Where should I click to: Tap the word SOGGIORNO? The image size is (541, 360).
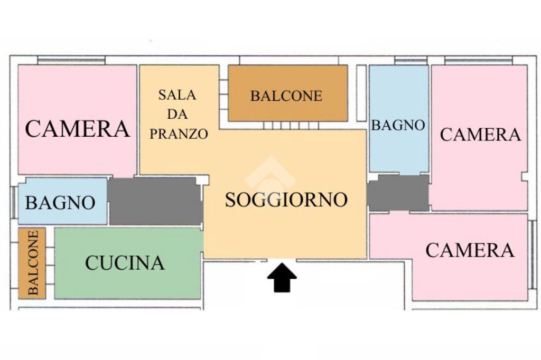(x=286, y=200)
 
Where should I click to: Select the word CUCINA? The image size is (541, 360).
(x=125, y=262)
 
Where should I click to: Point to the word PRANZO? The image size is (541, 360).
(x=179, y=134)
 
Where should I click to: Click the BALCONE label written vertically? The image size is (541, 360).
(x=33, y=262)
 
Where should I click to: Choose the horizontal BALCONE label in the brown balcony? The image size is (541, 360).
(x=286, y=96)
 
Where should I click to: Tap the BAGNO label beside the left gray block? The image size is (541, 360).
(x=60, y=202)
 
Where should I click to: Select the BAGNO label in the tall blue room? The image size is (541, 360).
(x=398, y=125)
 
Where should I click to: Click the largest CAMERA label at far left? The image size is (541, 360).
(x=77, y=129)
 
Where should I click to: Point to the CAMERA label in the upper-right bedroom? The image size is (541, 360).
(x=480, y=135)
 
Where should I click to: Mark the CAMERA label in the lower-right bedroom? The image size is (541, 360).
(x=470, y=250)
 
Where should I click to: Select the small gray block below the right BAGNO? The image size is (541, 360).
(x=398, y=193)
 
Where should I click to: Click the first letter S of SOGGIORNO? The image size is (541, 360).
(x=230, y=200)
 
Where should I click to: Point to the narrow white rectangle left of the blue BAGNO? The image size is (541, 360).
(x=361, y=92)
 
